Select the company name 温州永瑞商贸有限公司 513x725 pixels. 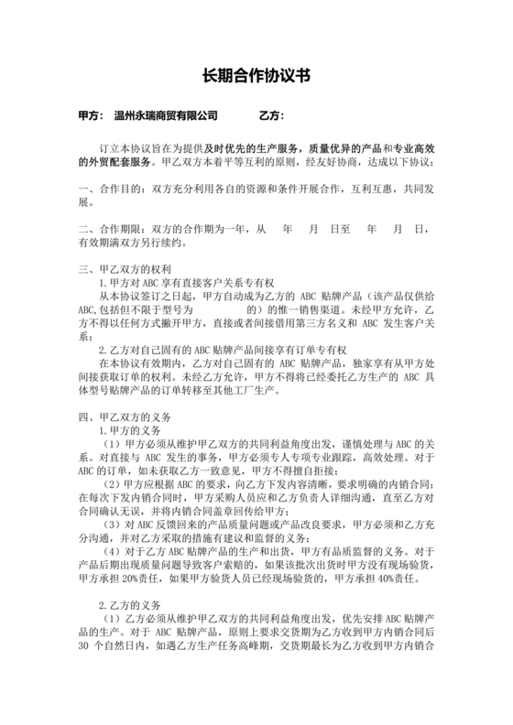pyautogui.click(x=166, y=116)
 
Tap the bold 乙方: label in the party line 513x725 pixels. pyautogui.click(x=271, y=116)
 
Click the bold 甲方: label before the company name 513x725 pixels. pyautogui.click(x=90, y=116)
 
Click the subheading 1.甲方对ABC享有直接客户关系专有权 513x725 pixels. pyautogui.click(x=191, y=285)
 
